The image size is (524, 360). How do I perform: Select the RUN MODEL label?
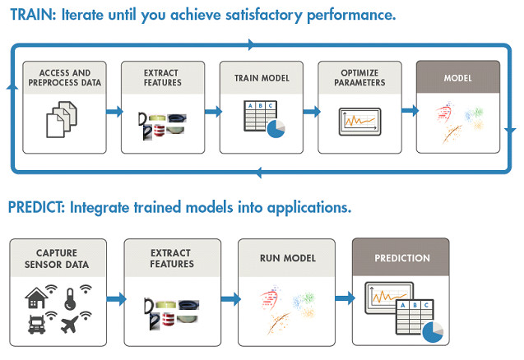(x=285, y=258)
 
